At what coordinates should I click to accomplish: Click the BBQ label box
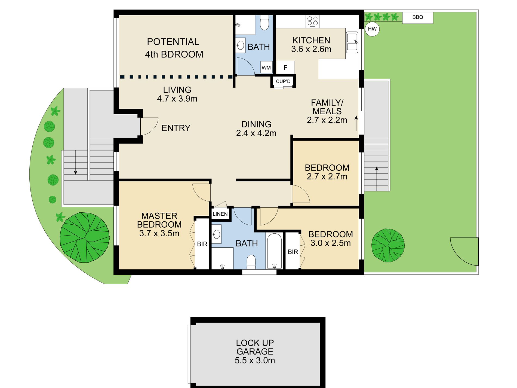[418, 17]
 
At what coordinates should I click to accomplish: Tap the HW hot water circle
[372, 29]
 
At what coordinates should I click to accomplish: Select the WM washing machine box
[266, 67]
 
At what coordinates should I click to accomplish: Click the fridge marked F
[286, 67]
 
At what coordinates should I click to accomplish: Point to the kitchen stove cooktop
[312, 21]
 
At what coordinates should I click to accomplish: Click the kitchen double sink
[352, 42]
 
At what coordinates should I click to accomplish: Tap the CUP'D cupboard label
[283, 81]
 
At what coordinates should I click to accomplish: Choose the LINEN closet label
[220, 214]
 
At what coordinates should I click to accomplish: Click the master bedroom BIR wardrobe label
[202, 244]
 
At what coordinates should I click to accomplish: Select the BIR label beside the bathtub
[293, 252]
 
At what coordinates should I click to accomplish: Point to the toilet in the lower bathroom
[251, 262]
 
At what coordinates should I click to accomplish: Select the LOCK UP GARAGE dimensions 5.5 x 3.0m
[255, 360]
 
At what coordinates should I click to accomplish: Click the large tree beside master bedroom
[85, 237]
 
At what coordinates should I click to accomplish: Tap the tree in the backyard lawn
[388, 245]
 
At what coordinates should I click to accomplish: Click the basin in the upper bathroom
[241, 45]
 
